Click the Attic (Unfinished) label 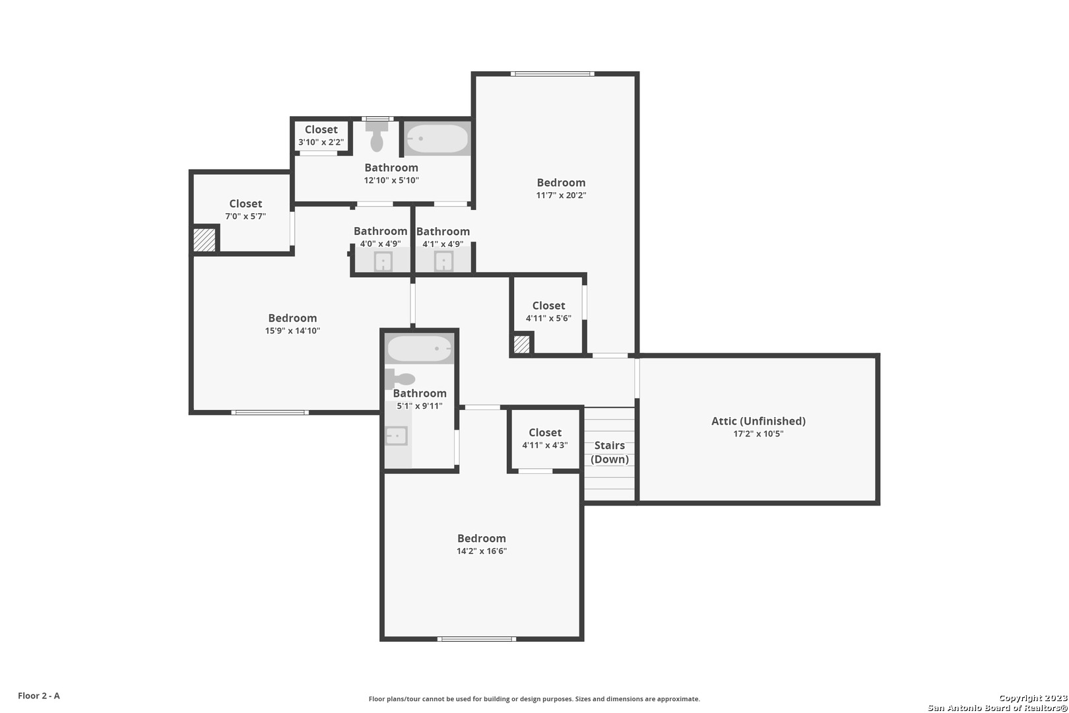[758, 421]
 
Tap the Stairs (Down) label [610, 452]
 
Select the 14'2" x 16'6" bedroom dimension [482, 551]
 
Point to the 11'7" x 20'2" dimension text [561, 195]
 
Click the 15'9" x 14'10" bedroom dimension [292, 331]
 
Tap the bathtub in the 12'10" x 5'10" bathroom [437, 139]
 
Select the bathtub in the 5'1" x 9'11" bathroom [420, 349]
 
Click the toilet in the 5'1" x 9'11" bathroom [400, 379]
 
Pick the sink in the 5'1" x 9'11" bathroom [396, 436]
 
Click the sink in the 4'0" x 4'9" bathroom [383, 261]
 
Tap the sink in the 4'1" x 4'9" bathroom [443, 261]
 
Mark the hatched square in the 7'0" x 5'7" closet [205, 240]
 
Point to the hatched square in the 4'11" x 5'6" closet [521, 345]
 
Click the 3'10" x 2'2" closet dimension [321, 143]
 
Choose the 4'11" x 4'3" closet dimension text [545, 446]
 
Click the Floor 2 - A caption [39, 696]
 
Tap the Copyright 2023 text [1033, 698]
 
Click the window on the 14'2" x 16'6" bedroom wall [476, 639]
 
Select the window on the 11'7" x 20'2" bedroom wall [552, 74]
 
